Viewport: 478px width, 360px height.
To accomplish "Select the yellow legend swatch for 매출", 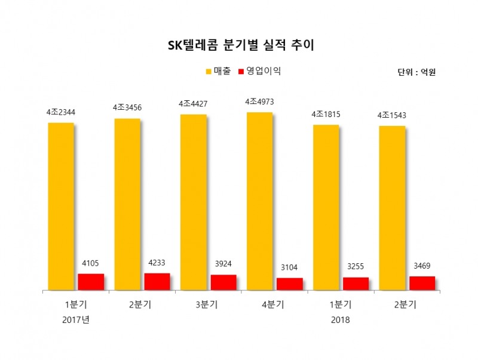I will point(209,72).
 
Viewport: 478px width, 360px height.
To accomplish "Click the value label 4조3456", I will point(127,107).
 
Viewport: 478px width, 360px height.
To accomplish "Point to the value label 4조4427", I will point(194,104).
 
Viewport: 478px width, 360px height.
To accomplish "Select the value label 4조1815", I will point(326,114).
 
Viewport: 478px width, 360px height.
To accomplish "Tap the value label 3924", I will point(223,264).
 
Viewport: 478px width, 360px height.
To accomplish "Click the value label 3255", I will point(356,267).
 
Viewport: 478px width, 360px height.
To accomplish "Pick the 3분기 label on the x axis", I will point(208,304).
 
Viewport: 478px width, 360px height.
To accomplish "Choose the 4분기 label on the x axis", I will point(274,304).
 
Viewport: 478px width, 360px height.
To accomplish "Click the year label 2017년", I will point(75,320).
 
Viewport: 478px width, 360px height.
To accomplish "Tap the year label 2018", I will point(341,320).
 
